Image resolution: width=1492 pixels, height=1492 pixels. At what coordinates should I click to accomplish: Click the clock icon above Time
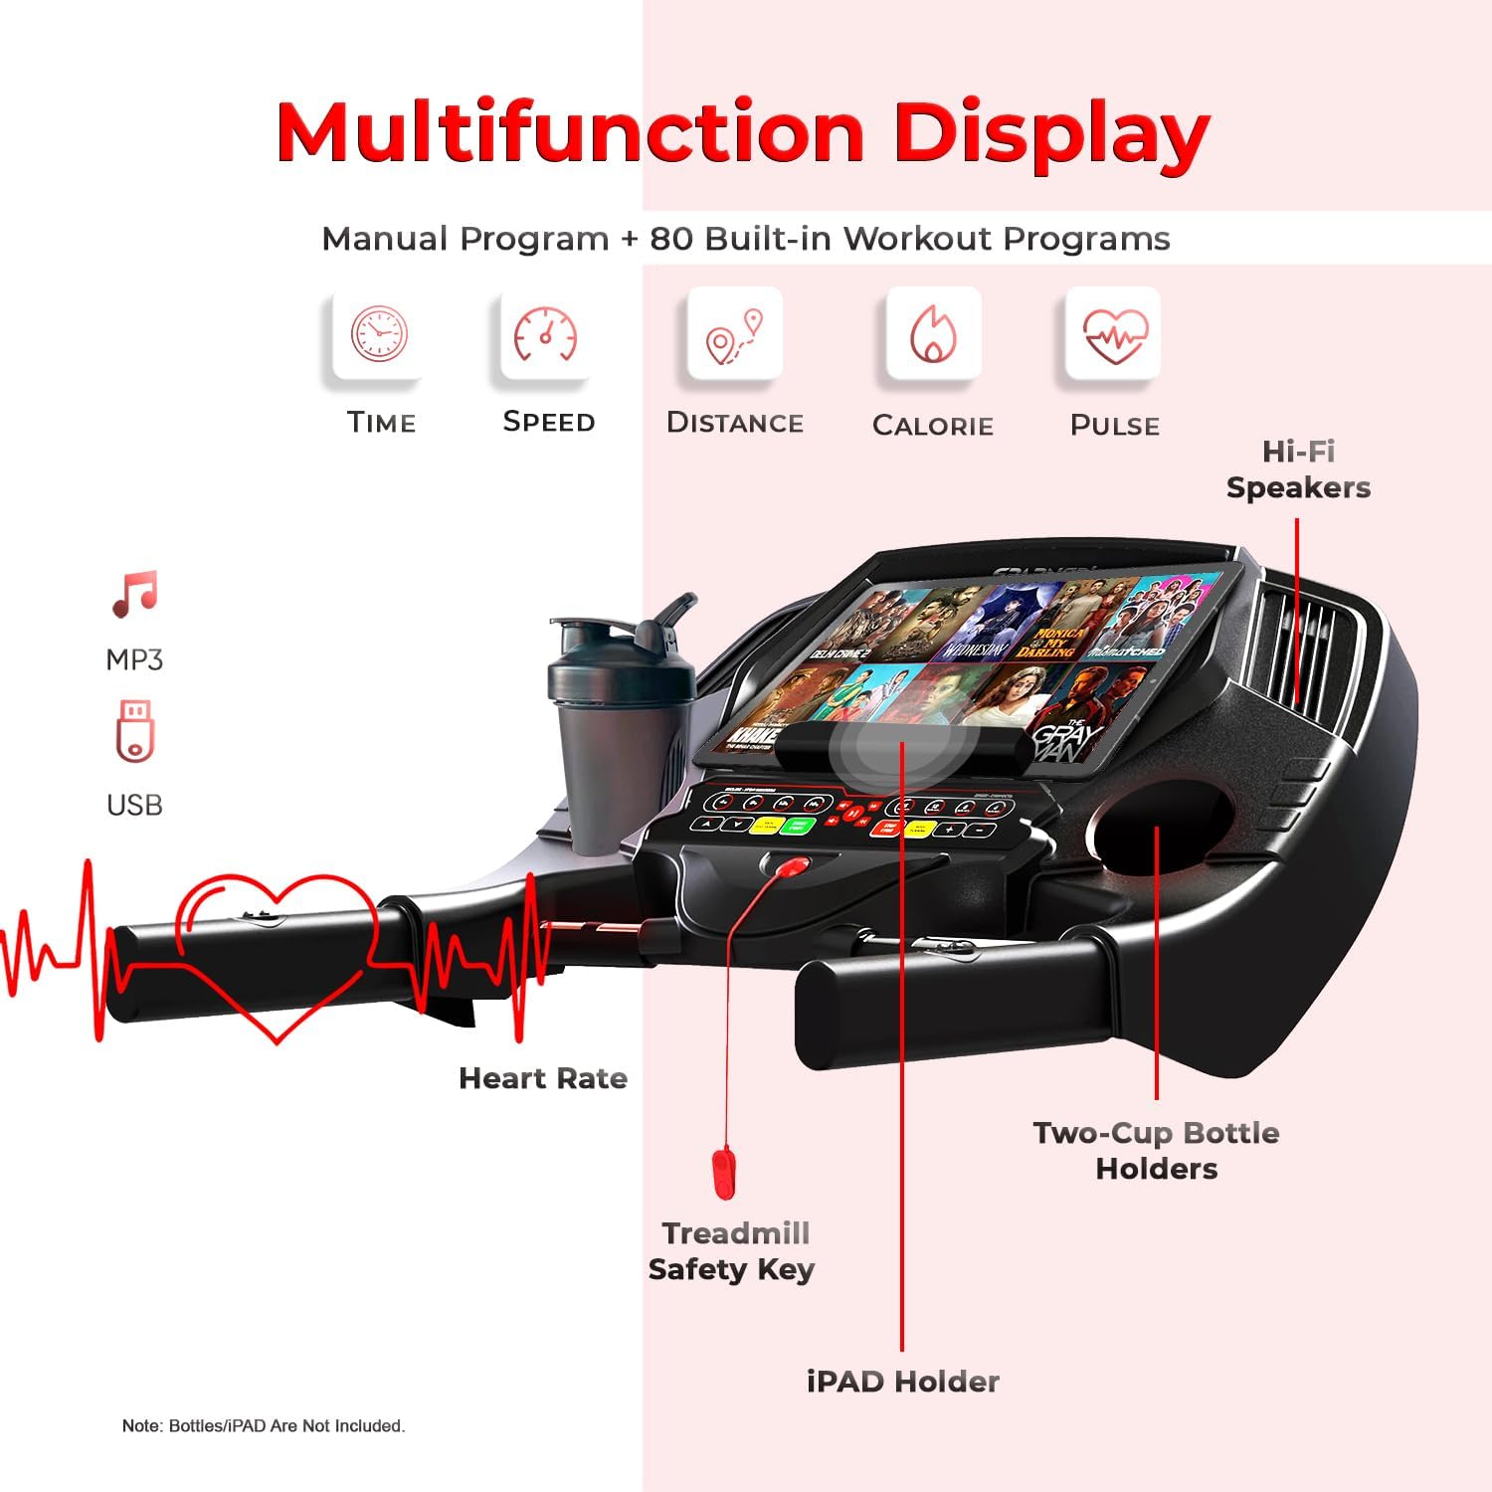pos(379,333)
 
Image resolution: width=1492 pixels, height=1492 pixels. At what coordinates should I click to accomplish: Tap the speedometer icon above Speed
pos(545,334)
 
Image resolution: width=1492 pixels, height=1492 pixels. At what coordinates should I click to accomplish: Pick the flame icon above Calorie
pos(933,333)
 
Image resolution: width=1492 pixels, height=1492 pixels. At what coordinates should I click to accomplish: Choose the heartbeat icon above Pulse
pos(1115,335)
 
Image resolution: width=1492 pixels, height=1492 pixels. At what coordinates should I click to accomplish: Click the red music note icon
pos(134,594)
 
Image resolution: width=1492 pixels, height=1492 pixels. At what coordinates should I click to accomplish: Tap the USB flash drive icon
pos(134,730)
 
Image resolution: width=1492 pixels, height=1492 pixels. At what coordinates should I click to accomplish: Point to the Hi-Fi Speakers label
pos(1298,469)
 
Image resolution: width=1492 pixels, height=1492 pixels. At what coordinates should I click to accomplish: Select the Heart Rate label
pos(543,1078)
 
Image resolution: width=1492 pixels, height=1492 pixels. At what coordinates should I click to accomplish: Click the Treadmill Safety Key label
pos(732,1251)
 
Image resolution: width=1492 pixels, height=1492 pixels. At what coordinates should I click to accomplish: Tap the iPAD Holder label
pos(902,1381)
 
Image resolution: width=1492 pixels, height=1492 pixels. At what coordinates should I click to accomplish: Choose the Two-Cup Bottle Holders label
pos(1156,1151)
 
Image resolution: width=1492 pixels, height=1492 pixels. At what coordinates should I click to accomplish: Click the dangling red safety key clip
pos(723,1173)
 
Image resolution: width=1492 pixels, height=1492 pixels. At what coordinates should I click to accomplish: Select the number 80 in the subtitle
pos(671,239)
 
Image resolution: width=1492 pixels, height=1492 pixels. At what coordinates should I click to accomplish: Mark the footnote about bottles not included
pos(264,1426)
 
